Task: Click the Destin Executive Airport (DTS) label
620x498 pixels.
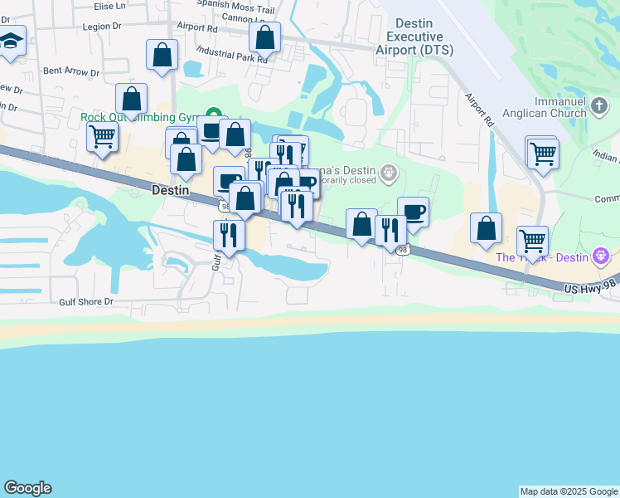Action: click(x=414, y=37)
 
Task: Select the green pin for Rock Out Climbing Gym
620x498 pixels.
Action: click(x=214, y=116)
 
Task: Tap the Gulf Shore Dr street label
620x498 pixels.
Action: click(x=85, y=301)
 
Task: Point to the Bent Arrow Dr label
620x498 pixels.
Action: click(x=71, y=71)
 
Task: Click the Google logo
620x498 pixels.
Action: click(x=27, y=488)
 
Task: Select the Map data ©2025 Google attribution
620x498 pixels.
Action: click(x=569, y=491)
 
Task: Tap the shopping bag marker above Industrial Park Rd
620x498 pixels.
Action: click(x=264, y=37)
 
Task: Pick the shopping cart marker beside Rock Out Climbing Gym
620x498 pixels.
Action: click(x=102, y=136)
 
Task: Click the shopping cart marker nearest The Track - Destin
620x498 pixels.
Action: click(x=532, y=241)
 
